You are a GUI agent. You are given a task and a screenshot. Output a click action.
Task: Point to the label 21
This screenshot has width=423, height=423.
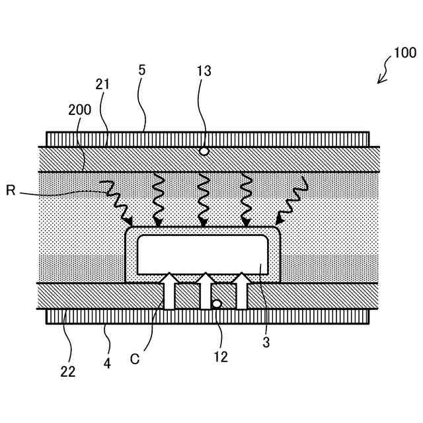click(102, 85)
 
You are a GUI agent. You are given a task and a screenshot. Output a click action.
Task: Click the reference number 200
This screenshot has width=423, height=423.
click(80, 110)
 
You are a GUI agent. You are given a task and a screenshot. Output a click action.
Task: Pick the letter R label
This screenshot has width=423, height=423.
click(11, 191)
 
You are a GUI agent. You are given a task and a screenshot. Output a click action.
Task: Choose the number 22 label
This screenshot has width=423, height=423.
click(67, 371)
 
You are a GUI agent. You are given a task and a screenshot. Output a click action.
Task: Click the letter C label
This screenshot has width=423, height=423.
click(135, 359)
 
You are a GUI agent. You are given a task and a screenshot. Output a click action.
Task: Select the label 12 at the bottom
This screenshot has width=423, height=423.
click(221, 357)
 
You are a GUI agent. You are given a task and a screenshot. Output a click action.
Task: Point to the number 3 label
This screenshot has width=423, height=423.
click(266, 342)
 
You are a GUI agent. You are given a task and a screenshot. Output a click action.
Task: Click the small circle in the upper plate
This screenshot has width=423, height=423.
click(204, 151)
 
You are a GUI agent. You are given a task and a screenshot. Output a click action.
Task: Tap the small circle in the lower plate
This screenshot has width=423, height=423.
click(216, 304)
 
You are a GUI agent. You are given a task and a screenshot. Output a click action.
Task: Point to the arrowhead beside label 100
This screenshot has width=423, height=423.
click(380, 81)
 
